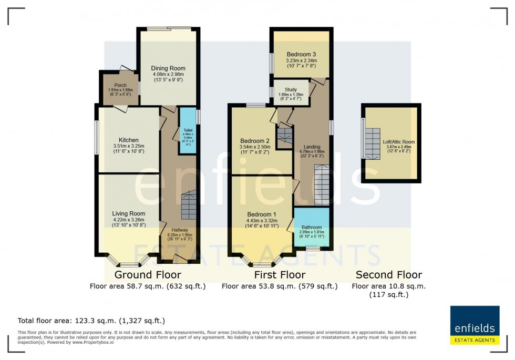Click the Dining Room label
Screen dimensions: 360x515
(x=168, y=68)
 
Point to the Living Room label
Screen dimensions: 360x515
(x=128, y=213)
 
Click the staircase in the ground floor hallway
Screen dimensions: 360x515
(x=188, y=206)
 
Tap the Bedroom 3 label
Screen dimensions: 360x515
(x=301, y=54)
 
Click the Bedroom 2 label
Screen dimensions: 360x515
(x=254, y=141)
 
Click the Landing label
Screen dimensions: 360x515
(x=312, y=147)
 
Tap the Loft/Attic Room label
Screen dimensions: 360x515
(x=399, y=142)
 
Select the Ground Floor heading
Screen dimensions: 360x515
(x=148, y=275)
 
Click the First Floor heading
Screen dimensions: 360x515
(x=279, y=275)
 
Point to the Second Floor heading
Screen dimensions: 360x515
(x=389, y=275)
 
